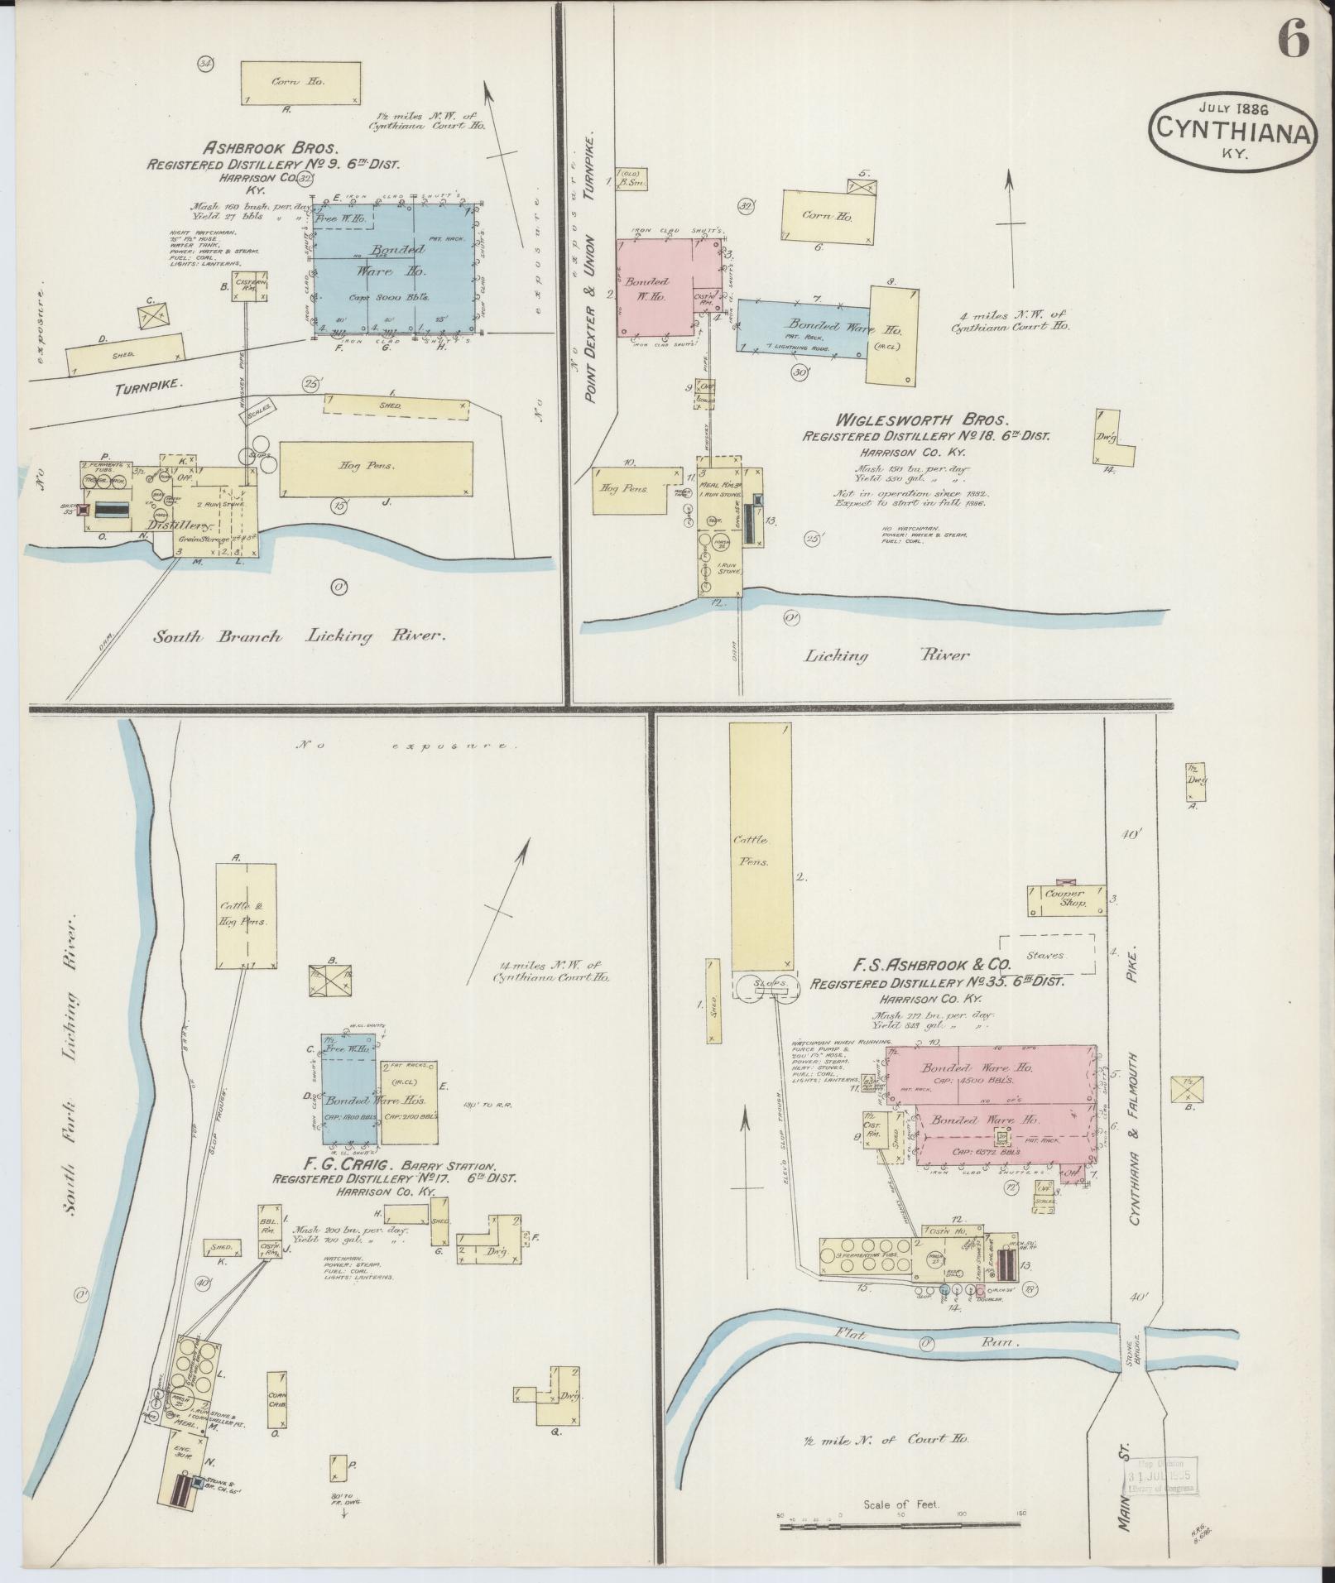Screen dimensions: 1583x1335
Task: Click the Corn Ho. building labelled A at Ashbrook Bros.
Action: (301, 83)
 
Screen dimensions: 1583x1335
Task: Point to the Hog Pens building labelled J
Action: (376, 468)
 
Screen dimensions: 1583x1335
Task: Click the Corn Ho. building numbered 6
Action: (828, 215)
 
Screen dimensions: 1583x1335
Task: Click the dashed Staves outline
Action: (1046, 955)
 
